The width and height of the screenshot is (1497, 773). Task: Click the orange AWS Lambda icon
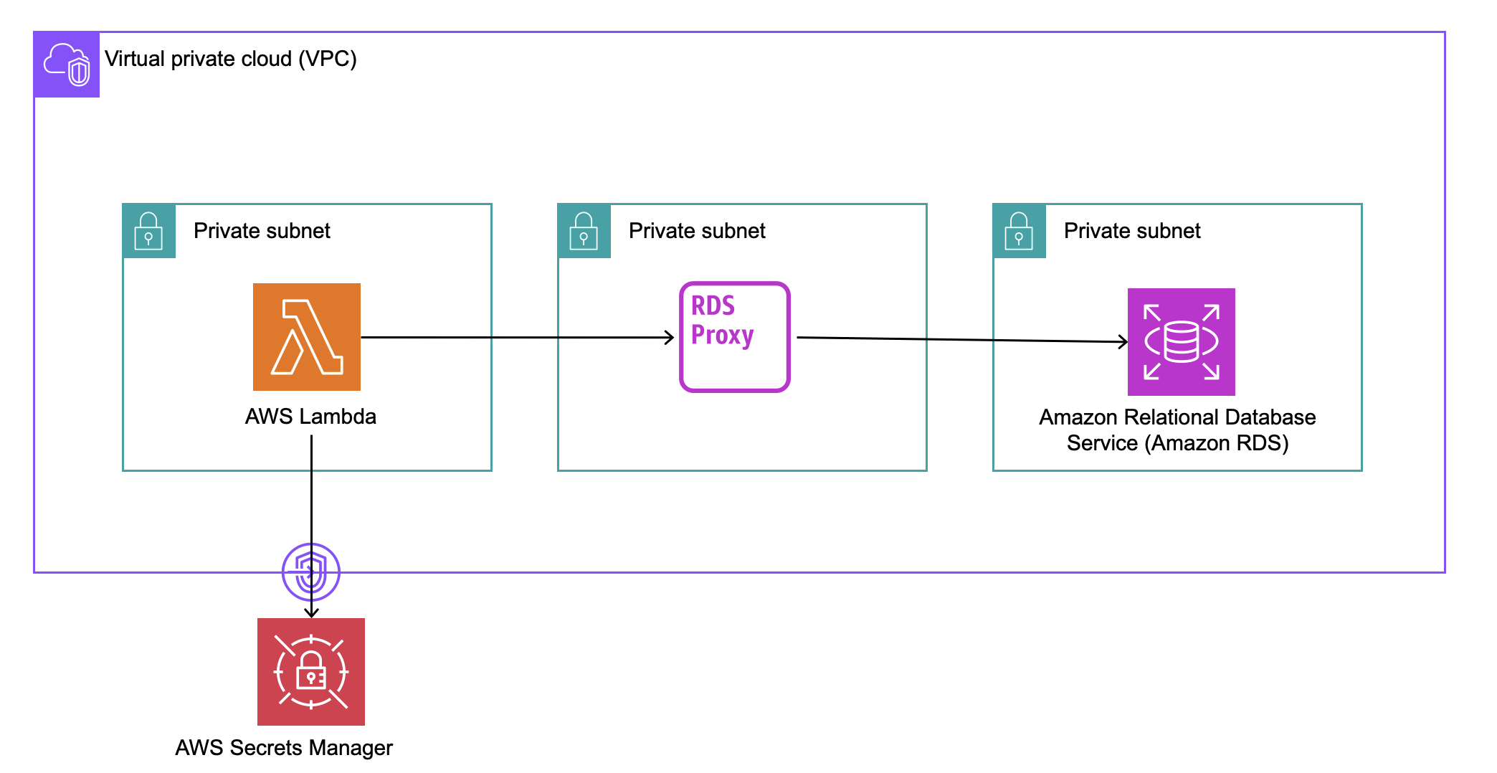click(306, 336)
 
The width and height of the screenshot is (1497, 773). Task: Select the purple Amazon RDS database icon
click(1181, 341)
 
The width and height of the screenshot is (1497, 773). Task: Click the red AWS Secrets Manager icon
click(310, 671)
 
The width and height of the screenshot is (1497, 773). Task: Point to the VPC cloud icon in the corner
click(67, 65)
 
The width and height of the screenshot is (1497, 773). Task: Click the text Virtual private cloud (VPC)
click(230, 59)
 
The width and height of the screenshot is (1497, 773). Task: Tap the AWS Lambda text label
click(310, 417)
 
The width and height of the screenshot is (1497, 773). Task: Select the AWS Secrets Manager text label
click(284, 748)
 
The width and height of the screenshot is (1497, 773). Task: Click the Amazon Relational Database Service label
click(1177, 430)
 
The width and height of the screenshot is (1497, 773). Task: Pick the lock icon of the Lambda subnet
click(149, 231)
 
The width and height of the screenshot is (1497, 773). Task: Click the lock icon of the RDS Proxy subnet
click(584, 231)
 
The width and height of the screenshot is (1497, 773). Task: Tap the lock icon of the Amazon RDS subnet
click(1019, 231)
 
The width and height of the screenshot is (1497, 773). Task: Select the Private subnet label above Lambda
click(262, 231)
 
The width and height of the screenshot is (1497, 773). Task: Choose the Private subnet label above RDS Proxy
click(697, 231)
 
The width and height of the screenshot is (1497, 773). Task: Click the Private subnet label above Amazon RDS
click(1132, 231)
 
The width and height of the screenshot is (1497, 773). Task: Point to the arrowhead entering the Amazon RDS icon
click(1124, 341)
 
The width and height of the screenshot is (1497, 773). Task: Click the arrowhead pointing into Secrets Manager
click(311, 613)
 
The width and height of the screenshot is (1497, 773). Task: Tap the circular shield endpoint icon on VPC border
click(310, 572)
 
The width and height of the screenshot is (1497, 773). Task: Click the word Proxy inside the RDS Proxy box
click(722, 336)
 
